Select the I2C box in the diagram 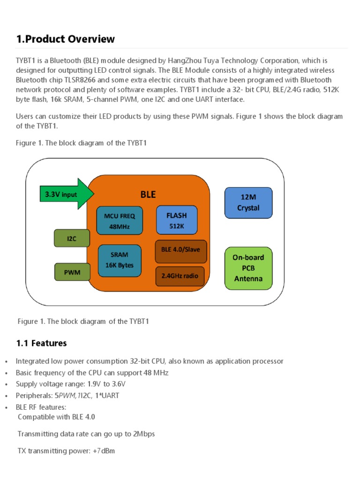pyautogui.click(x=72, y=238)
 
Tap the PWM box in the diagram pyautogui.click(x=72, y=272)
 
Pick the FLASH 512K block pyautogui.click(x=176, y=220)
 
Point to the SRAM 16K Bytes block pyautogui.click(x=119, y=260)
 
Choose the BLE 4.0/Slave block pyautogui.click(x=180, y=250)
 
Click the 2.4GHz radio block pyautogui.click(x=180, y=276)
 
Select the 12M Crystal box pyautogui.click(x=248, y=202)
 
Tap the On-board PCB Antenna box pyautogui.click(x=248, y=268)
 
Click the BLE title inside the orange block pyautogui.click(x=148, y=195)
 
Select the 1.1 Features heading pyautogui.click(x=41, y=343)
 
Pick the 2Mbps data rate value pyautogui.click(x=144, y=434)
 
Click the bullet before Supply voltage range pyautogui.click(x=6, y=384)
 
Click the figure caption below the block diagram pyautogui.click(x=83, y=321)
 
